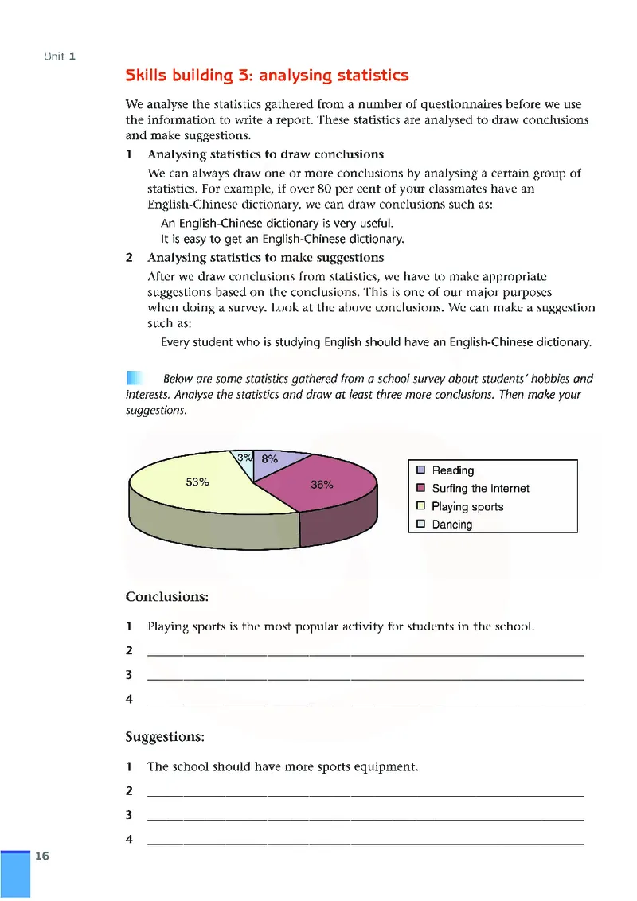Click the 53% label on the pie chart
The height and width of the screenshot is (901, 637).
tap(197, 482)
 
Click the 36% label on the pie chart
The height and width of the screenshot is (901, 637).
tap(322, 485)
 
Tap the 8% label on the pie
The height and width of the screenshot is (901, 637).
tap(269, 459)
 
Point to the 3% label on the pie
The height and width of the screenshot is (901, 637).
tap(245, 458)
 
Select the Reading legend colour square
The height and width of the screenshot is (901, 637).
tap(421, 470)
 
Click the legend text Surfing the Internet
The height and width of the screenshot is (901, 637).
tap(479, 489)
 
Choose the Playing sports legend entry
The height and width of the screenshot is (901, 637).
tap(467, 507)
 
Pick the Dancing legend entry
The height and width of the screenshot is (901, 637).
tap(451, 525)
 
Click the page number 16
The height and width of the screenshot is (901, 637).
tap(42, 856)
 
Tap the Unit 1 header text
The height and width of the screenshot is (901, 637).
tap(61, 57)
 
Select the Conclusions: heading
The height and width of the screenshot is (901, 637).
tap(167, 596)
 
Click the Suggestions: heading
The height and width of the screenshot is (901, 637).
tap(165, 737)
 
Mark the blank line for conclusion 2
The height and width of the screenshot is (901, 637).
tap(365, 653)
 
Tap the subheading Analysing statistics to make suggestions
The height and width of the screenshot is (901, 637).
tap(265, 258)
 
